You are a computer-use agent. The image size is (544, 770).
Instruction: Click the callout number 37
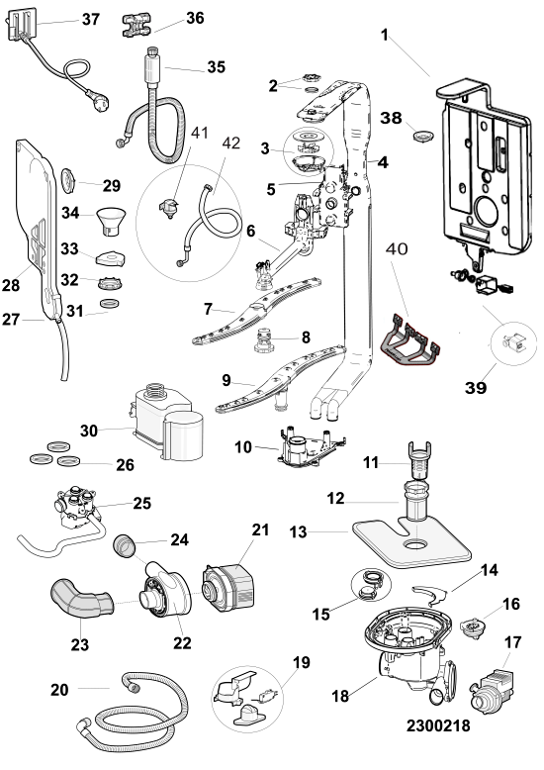tap(91, 19)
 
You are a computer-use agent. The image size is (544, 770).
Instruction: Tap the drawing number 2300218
tap(438, 725)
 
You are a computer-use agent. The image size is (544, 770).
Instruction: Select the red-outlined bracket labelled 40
tap(410, 340)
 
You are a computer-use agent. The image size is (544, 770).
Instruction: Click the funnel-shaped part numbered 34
tap(111, 220)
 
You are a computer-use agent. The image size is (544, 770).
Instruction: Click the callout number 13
tap(298, 531)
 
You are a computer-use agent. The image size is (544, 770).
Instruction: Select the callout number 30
tap(89, 431)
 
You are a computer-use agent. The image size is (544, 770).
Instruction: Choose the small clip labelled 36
tap(136, 25)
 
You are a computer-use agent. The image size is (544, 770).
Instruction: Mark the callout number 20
tap(59, 690)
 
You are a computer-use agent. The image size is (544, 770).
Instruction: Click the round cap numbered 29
tap(67, 179)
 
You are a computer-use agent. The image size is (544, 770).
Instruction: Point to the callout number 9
tap(226, 380)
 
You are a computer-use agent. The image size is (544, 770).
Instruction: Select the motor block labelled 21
tap(228, 588)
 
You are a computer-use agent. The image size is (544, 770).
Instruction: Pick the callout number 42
tap(231, 143)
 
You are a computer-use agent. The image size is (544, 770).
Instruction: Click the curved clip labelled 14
tap(430, 594)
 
